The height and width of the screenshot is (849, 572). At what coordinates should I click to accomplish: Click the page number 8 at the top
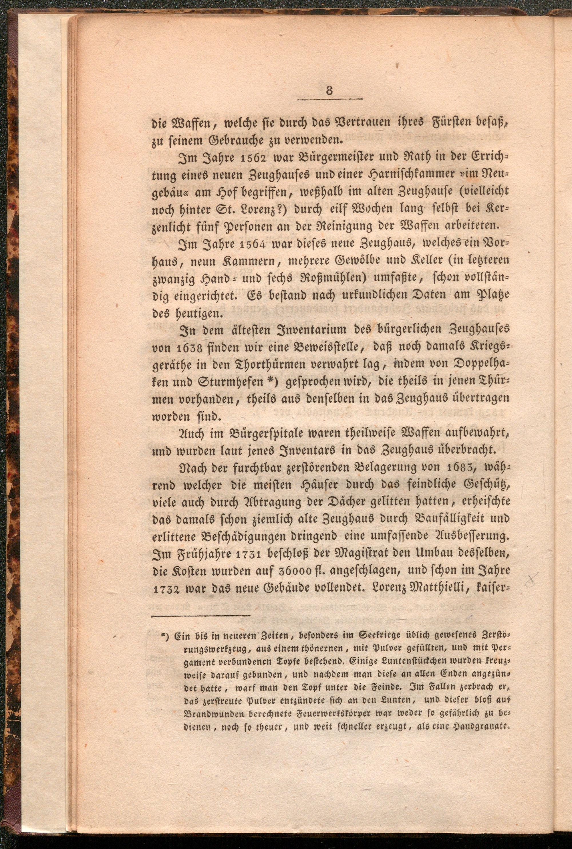click(329, 90)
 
